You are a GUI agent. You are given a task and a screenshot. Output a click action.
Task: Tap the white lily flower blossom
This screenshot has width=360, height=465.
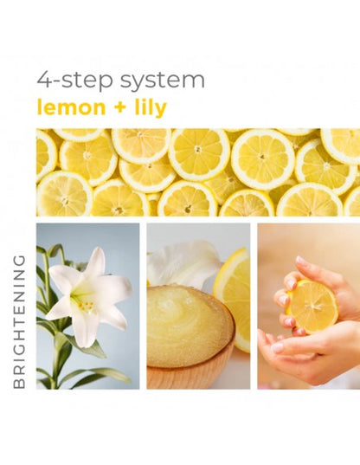point(87,294)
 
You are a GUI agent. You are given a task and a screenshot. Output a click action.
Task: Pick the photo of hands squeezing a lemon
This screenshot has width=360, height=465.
point(309,306)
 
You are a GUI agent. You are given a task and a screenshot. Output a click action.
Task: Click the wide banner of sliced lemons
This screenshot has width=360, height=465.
point(198,172)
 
